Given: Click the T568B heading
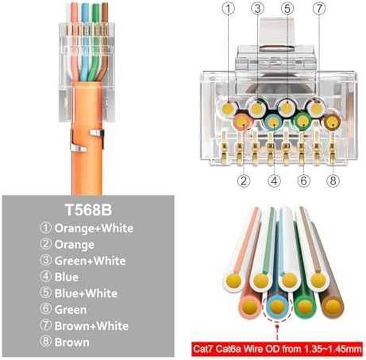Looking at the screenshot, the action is pyautogui.click(x=88, y=210).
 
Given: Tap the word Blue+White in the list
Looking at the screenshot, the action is pyautogui.click(x=86, y=293).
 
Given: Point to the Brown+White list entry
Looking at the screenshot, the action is pyautogui.click(x=91, y=326).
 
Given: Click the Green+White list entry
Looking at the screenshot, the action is pyautogui.click(x=91, y=261).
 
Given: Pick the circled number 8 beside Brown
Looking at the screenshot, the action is pyautogui.click(x=45, y=342).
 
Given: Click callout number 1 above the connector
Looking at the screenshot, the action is pyautogui.click(x=229, y=9).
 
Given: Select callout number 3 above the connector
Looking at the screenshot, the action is pyautogui.click(x=257, y=9).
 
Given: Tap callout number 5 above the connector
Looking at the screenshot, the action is pyautogui.click(x=287, y=9).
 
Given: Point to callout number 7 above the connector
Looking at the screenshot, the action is pyautogui.click(x=319, y=9).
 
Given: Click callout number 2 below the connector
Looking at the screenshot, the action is pyautogui.click(x=244, y=181).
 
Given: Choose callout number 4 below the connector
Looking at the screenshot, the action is pyautogui.click(x=274, y=181).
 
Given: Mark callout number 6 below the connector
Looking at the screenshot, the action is pyautogui.click(x=304, y=181).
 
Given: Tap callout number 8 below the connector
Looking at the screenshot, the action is pyautogui.click(x=333, y=181).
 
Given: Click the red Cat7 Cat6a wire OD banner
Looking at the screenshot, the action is pyautogui.click(x=277, y=348).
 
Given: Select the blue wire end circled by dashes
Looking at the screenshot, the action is pyautogui.click(x=277, y=307).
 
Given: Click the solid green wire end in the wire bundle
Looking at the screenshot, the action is pyautogui.click(x=305, y=307).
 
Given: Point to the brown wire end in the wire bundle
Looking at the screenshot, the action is pyautogui.click(x=332, y=307).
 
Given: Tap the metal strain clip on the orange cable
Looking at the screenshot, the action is pyautogui.click(x=87, y=141).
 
